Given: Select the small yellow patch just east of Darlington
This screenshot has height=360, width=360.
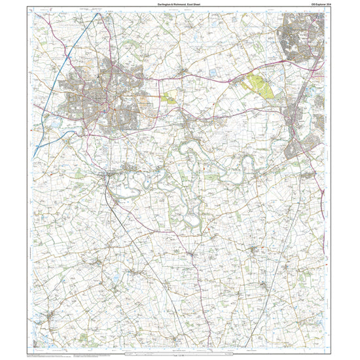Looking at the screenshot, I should pos(169,98).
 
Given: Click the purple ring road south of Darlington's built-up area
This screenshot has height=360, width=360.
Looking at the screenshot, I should pos(98,134).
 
